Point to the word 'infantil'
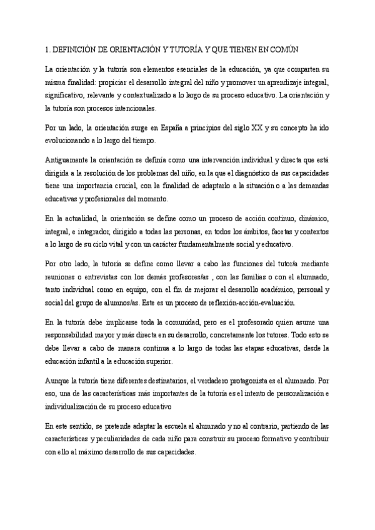click(99, 362)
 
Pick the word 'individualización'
click(78, 407)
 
